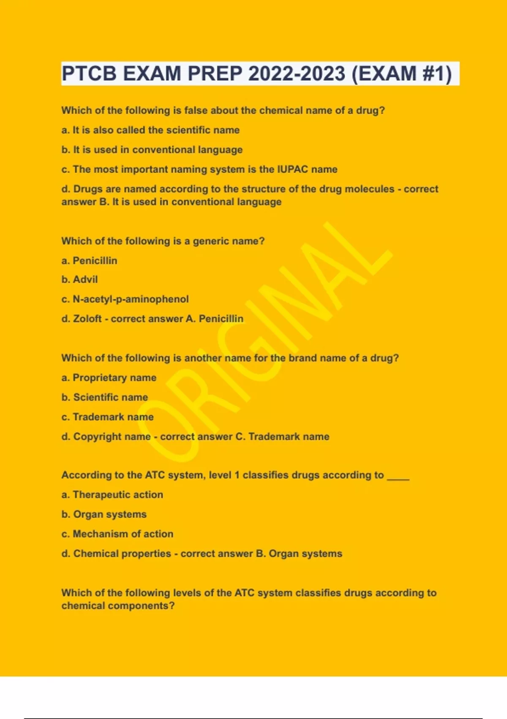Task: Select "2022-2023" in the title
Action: (x=297, y=74)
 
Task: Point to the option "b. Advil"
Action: (x=79, y=280)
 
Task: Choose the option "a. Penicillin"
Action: (x=89, y=261)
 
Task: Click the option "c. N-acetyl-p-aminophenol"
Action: (x=125, y=299)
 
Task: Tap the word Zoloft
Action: (x=87, y=318)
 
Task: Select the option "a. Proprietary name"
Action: (x=109, y=377)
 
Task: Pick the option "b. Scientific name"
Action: (x=105, y=397)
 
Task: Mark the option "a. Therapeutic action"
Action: (x=112, y=494)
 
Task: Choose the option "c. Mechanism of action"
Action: (x=117, y=534)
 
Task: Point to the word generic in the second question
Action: (x=208, y=241)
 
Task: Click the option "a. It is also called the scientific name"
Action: (x=150, y=130)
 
